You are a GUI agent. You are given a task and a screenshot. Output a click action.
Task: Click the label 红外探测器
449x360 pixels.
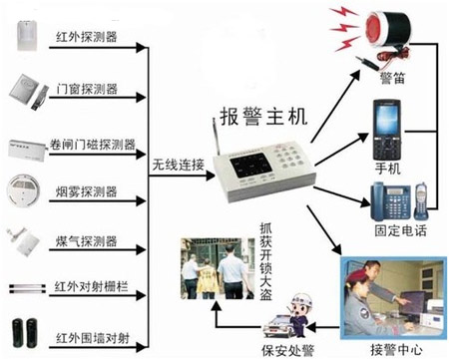click(x=87, y=36)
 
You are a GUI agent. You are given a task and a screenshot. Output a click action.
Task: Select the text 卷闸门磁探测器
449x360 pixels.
click(x=93, y=145)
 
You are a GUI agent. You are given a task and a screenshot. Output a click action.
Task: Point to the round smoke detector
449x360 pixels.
click(x=23, y=190)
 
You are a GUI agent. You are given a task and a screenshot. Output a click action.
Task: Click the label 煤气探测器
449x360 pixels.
click(x=87, y=241)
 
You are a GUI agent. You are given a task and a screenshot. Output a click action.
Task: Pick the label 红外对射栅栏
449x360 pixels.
click(x=91, y=286)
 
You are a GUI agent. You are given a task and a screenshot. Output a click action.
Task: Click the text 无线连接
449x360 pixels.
click(x=178, y=165)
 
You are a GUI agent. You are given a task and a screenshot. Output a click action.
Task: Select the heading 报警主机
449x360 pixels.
click(x=263, y=117)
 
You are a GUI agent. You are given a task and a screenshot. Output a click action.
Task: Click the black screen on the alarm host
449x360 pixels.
click(x=250, y=166)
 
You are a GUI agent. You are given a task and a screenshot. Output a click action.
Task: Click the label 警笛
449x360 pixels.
click(x=392, y=79)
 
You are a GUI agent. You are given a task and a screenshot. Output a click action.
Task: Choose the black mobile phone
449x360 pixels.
click(x=386, y=130)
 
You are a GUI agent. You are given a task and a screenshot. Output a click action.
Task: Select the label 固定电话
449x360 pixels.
click(x=400, y=230)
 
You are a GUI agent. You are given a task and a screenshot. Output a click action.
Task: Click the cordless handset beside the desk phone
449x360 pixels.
click(x=420, y=200)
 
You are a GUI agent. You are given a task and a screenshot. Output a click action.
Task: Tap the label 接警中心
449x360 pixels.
click(x=396, y=350)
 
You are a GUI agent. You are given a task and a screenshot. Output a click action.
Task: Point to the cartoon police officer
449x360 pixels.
click(x=301, y=314)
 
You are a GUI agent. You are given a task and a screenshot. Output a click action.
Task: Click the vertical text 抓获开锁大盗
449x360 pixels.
click(x=265, y=261)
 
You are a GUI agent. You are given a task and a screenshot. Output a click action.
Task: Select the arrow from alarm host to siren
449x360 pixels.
click(x=335, y=107)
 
